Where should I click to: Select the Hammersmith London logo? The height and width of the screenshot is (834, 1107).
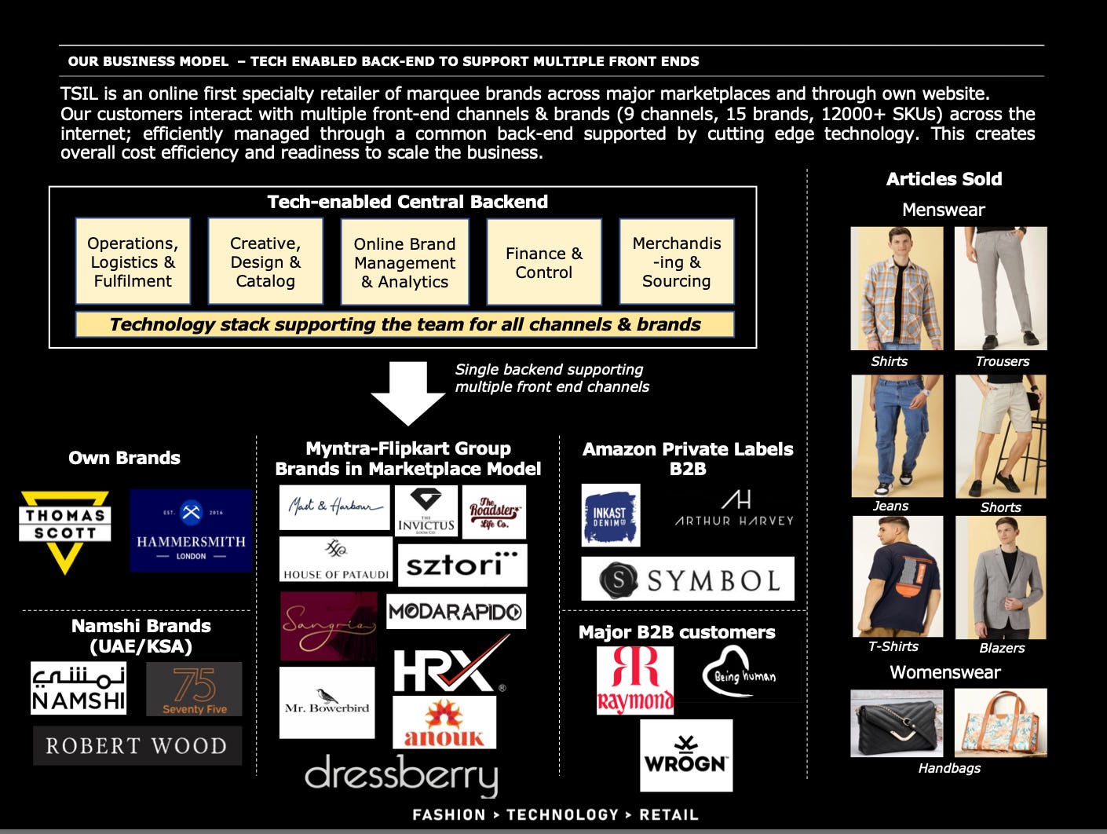[x=191, y=530]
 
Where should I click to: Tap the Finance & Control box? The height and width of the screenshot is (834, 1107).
[x=543, y=262]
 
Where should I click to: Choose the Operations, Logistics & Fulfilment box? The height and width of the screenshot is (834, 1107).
[x=133, y=262]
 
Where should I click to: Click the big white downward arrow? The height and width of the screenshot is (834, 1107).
[x=408, y=393]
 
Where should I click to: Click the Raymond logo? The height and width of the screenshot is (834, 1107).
[x=634, y=679]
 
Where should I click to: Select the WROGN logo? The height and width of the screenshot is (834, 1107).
[x=685, y=755]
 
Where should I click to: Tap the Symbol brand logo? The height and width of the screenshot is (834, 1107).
[x=687, y=579]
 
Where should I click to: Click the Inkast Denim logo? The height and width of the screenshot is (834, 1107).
[x=611, y=515]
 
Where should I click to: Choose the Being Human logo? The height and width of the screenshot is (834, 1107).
[x=743, y=672]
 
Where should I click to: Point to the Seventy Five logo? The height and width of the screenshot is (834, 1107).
[x=194, y=689]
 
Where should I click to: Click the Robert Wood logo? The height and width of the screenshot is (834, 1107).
[x=137, y=745]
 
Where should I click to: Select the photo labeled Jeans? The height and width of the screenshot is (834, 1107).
[x=897, y=436]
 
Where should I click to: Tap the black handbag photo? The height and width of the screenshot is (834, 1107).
[x=897, y=723]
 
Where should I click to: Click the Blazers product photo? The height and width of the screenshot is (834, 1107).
[x=1000, y=577]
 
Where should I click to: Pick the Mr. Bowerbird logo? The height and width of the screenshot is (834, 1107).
[x=327, y=702]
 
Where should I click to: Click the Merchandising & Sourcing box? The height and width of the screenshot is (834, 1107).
[x=676, y=262]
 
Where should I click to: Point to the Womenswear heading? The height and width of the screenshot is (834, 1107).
[x=944, y=672]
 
